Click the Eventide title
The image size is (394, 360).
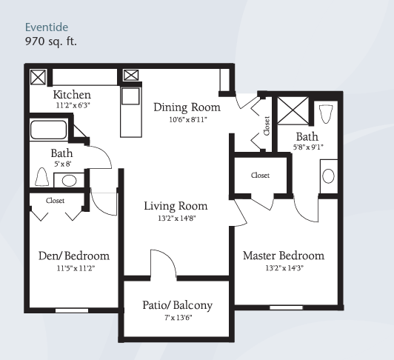[x=47, y=27]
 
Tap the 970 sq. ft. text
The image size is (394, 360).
[x=51, y=41]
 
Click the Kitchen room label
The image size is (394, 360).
[x=72, y=95]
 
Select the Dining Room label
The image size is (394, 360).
[x=187, y=107]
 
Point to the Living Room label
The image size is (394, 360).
[x=176, y=206]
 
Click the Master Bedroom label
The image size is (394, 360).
[x=284, y=256]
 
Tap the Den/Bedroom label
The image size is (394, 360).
[x=74, y=256]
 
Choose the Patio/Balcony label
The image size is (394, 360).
[x=178, y=305]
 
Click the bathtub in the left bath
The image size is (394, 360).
[x=48, y=130]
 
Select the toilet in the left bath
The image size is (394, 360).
[x=42, y=177]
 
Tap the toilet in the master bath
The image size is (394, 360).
[x=326, y=114]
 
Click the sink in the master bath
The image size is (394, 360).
[x=328, y=176]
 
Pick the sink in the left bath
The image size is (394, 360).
[x=69, y=180]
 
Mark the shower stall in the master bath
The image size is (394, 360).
[x=293, y=110]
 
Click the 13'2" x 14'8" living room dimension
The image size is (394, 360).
[x=177, y=219]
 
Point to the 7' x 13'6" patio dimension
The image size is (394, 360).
[x=178, y=318]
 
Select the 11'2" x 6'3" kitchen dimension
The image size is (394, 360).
[x=73, y=105]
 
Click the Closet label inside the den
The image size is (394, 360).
[x=55, y=201]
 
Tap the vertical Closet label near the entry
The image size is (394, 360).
[x=267, y=126]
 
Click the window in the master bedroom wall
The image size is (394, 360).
[x=286, y=307]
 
